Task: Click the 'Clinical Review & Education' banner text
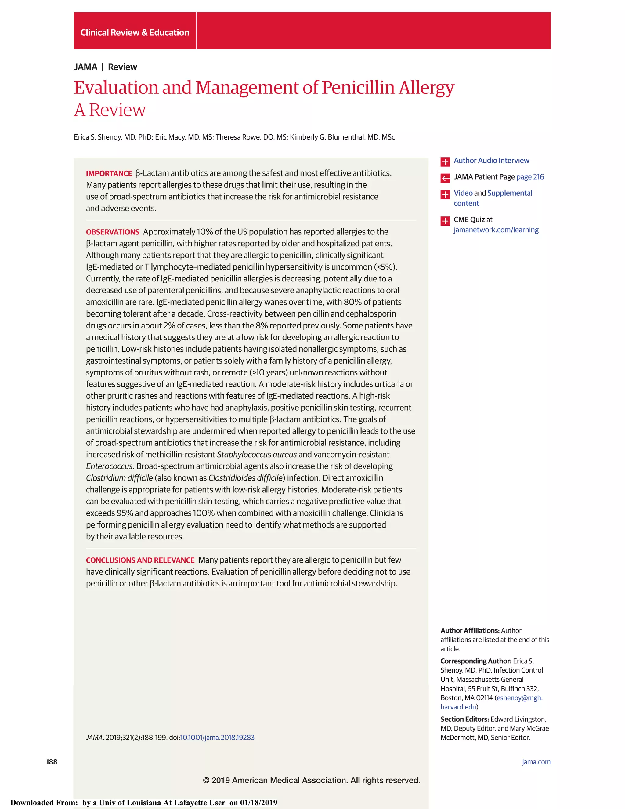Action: click(x=135, y=33)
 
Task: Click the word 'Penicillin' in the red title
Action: click(x=358, y=88)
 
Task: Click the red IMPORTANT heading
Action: click(x=109, y=173)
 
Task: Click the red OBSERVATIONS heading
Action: click(x=113, y=232)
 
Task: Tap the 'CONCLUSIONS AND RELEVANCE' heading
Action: click(x=140, y=560)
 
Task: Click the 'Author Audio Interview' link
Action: click(x=491, y=160)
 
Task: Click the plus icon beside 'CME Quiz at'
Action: click(x=445, y=221)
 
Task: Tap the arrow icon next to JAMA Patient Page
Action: click(x=445, y=178)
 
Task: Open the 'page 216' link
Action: click(x=530, y=177)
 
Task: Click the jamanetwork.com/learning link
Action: click(x=496, y=230)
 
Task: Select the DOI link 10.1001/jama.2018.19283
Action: click(x=217, y=738)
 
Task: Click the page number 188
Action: click(x=52, y=762)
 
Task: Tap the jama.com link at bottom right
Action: click(x=536, y=762)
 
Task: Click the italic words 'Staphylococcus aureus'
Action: click(x=257, y=455)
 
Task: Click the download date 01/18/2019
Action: click(x=258, y=802)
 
